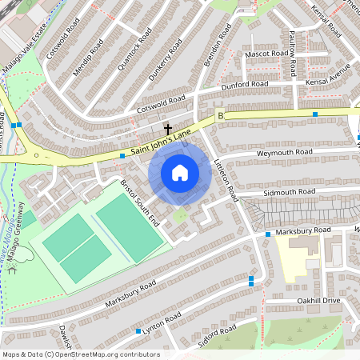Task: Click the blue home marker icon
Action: (x=180, y=173)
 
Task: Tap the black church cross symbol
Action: (x=168, y=128)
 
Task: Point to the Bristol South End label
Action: (x=140, y=201)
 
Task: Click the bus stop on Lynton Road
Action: (x=138, y=330)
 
